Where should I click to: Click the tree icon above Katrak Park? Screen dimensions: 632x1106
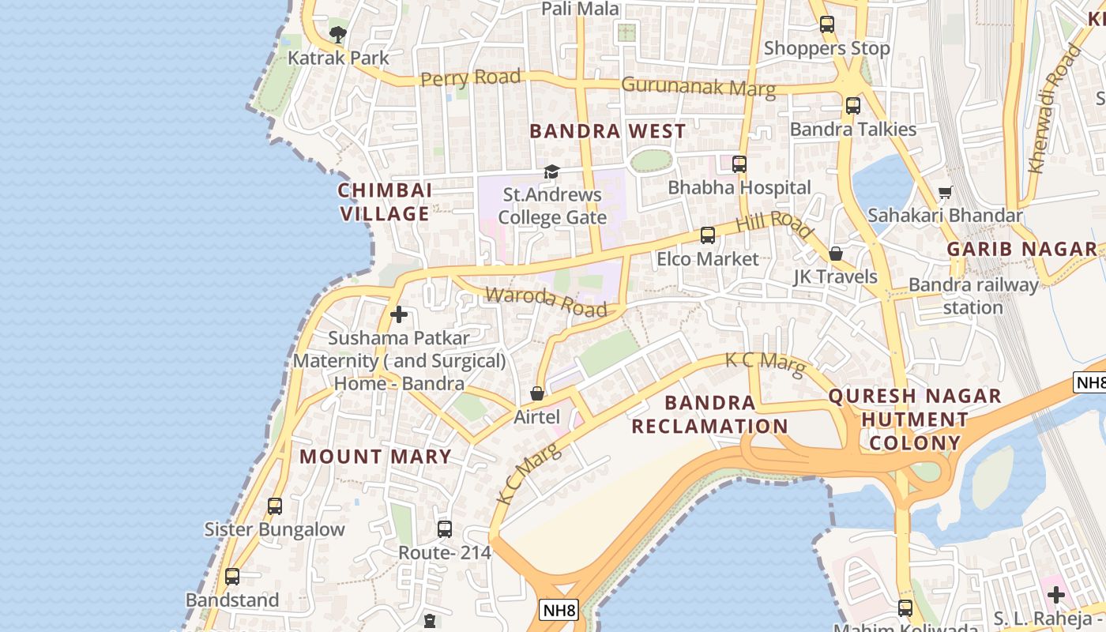pos(338,34)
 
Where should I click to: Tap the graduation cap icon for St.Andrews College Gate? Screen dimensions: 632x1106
pos(551,171)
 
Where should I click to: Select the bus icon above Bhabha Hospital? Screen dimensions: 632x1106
pos(739,164)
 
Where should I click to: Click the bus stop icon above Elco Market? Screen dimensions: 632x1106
pos(708,235)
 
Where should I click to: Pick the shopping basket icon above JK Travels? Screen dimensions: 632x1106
pos(836,254)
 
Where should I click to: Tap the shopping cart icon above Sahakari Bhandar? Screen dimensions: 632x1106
pos(945,192)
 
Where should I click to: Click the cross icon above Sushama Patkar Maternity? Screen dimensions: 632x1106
pos(399,314)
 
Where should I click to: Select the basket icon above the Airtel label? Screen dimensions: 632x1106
pos(537,393)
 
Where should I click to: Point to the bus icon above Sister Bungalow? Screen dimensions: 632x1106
pos(274,506)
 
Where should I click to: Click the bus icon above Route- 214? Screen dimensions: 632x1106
pos(445,529)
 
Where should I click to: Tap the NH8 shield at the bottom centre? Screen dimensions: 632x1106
pos(559,610)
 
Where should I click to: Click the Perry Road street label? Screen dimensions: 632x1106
pos(471,78)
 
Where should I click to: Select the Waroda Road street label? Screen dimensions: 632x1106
pos(546,301)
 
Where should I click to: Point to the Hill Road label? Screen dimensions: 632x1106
pos(774,224)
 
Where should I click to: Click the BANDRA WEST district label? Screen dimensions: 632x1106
pos(608,131)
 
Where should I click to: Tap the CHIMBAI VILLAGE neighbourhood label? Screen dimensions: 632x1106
pos(385,201)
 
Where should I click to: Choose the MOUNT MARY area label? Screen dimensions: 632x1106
pos(375,457)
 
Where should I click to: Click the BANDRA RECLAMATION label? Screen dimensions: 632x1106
pos(709,415)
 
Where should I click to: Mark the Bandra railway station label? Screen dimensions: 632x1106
pos(973,295)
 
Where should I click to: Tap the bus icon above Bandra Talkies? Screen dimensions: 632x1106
pos(852,105)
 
